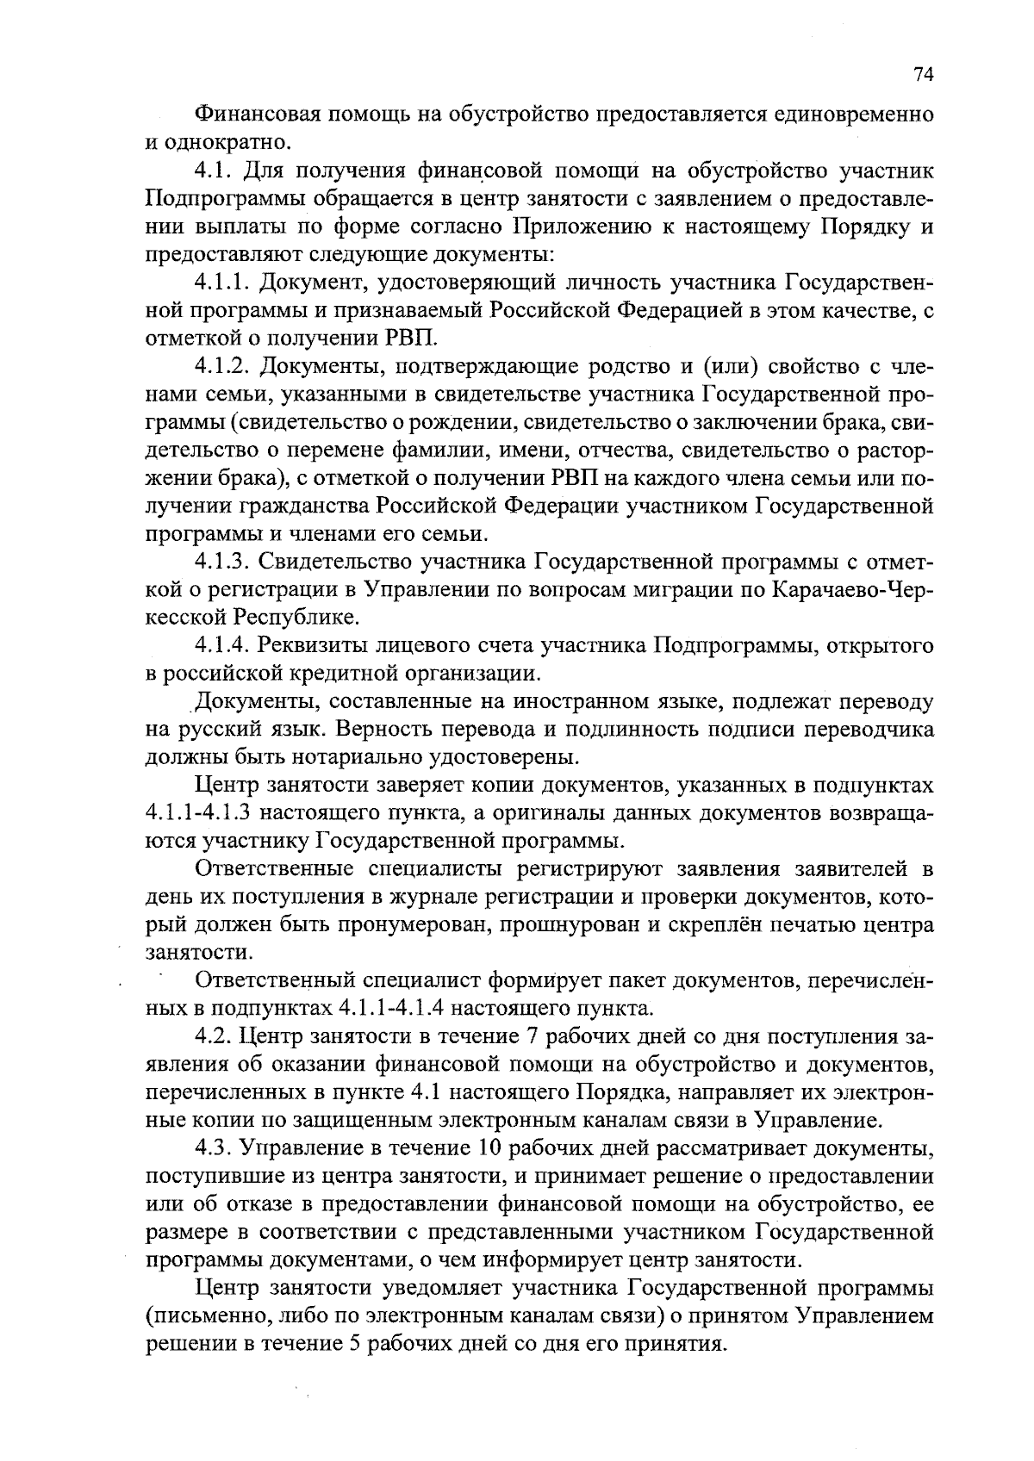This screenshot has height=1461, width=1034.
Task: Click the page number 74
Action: point(923,75)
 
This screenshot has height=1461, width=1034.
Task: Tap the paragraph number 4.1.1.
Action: point(223,283)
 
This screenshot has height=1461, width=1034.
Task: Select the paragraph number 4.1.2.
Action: point(223,367)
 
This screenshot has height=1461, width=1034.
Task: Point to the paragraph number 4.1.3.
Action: point(223,563)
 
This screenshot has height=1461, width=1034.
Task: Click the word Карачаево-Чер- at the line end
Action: point(854,590)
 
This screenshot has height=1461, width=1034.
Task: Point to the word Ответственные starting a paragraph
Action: point(275,868)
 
